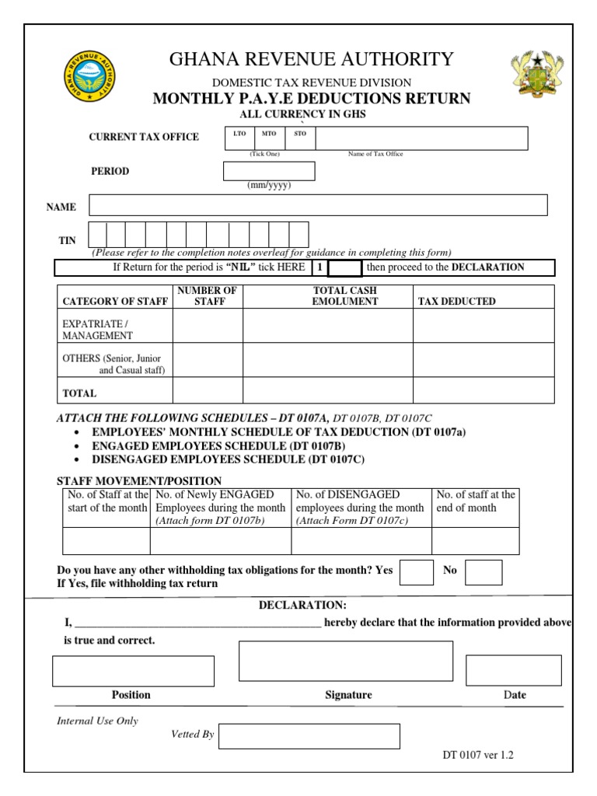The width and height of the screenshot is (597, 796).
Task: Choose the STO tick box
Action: (x=300, y=138)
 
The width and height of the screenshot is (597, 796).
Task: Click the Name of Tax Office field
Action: (x=421, y=138)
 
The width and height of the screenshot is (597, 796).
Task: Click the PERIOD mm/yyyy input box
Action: (x=269, y=171)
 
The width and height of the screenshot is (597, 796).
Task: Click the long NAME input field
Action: (x=318, y=205)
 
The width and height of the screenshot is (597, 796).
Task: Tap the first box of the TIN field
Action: (x=98, y=235)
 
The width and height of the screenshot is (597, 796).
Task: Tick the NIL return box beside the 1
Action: (x=345, y=268)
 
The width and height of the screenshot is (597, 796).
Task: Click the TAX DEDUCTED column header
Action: (x=456, y=302)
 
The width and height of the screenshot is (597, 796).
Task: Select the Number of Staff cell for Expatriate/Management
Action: (x=208, y=326)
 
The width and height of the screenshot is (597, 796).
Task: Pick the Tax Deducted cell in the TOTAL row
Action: (x=483, y=390)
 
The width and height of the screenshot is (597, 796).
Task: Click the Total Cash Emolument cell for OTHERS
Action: (x=327, y=360)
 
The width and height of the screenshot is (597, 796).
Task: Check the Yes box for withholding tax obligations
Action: (x=417, y=572)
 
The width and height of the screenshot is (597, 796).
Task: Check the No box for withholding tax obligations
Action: (x=484, y=572)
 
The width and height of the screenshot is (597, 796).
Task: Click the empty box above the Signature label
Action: (x=345, y=661)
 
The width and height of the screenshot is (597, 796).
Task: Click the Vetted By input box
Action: (x=309, y=736)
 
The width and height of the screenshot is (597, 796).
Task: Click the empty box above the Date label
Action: (x=513, y=670)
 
